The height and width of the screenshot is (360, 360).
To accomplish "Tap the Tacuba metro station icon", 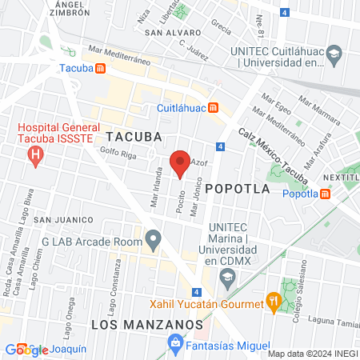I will (x=100, y=69).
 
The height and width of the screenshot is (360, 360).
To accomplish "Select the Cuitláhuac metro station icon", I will (x=213, y=108).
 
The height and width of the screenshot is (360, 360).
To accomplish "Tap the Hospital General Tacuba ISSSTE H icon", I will (x=35, y=154).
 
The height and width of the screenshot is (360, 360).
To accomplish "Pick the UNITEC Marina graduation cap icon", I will (x=228, y=277).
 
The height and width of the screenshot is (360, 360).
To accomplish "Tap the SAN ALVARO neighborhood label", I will (x=172, y=34).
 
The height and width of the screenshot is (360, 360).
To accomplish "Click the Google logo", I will (x=25, y=350).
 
